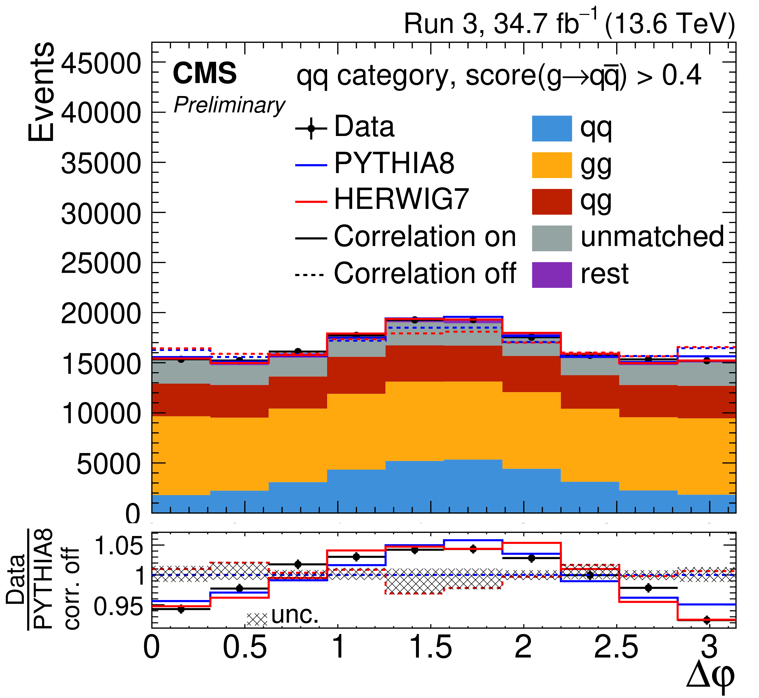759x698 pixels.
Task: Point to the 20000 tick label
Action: [101, 313]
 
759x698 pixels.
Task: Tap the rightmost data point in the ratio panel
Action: [707, 620]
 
